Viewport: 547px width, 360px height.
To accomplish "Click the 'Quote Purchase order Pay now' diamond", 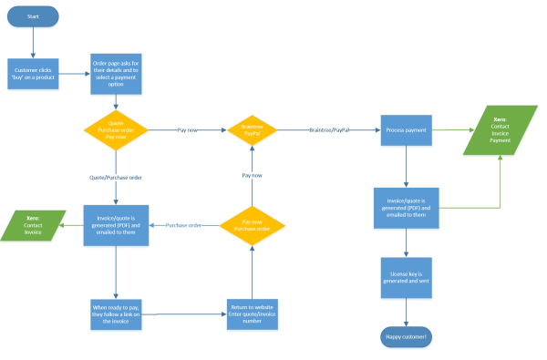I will [x=116, y=130].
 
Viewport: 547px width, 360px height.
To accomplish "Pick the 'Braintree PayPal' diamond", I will [x=251, y=130].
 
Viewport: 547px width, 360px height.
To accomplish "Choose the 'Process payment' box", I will [x=406, y=130].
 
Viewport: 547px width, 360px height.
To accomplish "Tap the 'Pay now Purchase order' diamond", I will [x=251, y=224].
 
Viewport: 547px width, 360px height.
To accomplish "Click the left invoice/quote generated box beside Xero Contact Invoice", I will [x=116, y=224].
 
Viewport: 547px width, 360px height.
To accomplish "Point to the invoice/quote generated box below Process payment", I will [x=406, y=208].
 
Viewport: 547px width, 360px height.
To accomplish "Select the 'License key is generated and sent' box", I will [x=406, y=277].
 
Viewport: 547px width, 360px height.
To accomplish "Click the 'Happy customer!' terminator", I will [x=406, y=336].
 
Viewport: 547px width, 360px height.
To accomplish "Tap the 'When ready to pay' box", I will [x=116, y=314].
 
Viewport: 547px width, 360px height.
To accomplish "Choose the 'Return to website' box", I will [x=251, y=314].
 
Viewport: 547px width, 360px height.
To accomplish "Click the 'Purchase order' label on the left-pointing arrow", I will [x=183, y=224].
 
